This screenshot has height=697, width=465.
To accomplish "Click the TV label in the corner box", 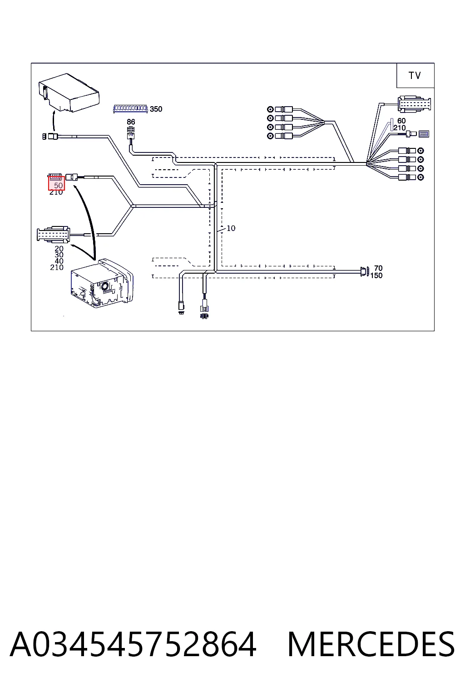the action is point(415,75).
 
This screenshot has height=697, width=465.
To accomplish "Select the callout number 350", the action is point(156,109).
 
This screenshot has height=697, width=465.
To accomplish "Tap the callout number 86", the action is point(131,122).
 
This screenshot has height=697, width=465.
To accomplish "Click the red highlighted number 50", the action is point(59,186).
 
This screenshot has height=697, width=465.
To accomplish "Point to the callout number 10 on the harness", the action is point(231,228).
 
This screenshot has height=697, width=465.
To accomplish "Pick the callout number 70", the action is point(378,268).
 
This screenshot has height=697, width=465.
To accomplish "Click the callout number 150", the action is point(376,275).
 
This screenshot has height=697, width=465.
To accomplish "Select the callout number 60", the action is point(401,120).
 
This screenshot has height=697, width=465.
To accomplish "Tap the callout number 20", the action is point(59,249).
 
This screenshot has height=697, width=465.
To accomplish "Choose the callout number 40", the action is point(59,261).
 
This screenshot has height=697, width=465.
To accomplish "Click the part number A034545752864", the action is point(133,644).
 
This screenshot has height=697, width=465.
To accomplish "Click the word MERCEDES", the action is point(371,644).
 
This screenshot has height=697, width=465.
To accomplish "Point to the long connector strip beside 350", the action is point(130,108).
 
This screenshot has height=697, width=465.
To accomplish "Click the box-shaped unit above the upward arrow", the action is point(69,93).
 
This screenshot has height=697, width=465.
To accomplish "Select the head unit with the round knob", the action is point(102,283).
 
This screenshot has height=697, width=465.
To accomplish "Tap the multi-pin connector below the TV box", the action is point(414,104).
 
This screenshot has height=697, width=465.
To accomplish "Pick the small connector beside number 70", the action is point(364,271).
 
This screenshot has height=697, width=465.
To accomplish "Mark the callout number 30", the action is point(59,255).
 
